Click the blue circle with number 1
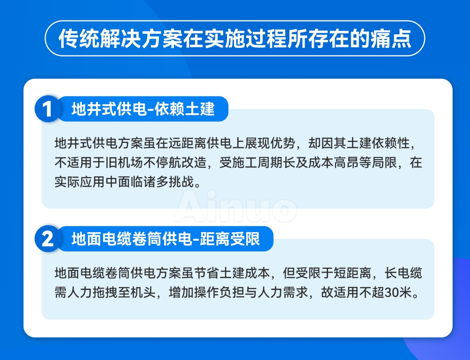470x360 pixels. (47, 110)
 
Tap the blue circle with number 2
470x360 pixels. (47, 239)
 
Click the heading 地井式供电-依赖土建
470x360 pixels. (143, 110)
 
